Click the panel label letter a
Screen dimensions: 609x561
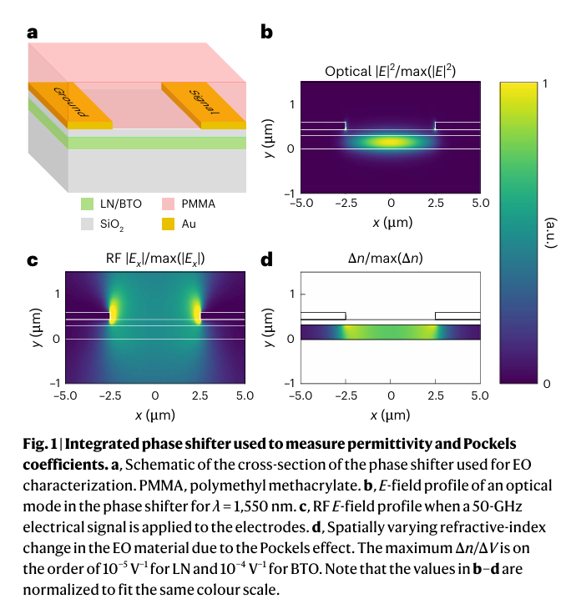coord(33,33)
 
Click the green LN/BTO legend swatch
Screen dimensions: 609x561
coord(87,204)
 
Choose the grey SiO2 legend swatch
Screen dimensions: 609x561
coord(87,224)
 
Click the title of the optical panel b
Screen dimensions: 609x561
coord(390,71)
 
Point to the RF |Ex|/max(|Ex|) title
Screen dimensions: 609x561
coord(154,259)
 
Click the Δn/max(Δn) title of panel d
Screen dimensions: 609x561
coord(390,259)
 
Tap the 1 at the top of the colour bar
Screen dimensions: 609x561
coord(544,83)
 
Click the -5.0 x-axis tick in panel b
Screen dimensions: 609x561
coord(301,204)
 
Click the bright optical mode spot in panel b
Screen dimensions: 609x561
coord(390,143)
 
